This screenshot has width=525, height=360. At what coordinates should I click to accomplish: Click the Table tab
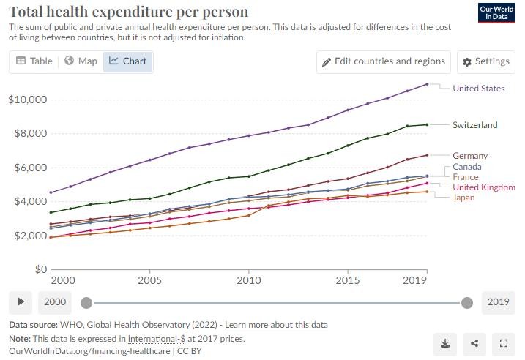34,61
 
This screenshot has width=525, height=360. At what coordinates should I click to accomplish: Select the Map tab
81,61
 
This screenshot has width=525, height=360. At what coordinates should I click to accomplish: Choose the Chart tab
127,61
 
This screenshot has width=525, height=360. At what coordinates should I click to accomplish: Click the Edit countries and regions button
383,61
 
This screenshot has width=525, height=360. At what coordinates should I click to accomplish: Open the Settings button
485,61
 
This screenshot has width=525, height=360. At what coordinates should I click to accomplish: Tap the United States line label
478,89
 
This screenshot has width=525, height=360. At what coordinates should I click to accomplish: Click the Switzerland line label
474,124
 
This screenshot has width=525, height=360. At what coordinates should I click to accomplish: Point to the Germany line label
470,156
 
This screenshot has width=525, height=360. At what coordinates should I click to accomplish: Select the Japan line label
463,198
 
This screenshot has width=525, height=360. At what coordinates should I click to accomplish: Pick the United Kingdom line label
484,187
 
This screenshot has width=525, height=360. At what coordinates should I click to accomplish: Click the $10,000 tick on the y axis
28,100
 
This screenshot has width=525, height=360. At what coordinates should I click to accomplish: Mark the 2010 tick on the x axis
249,280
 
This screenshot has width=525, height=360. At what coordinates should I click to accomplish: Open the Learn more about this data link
276,325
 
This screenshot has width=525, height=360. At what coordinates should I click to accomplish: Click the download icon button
445,342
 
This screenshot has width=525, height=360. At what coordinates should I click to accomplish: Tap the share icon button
474,342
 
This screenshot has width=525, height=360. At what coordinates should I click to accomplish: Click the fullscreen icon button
503,342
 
